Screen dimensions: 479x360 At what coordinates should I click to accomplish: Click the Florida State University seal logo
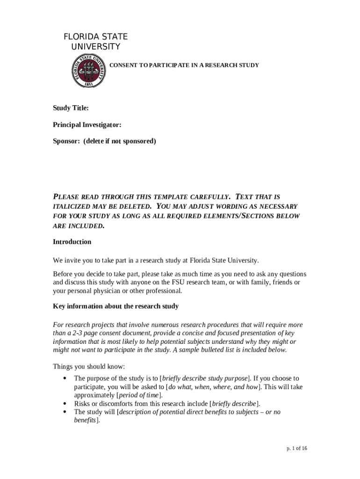click(x=88, y=70)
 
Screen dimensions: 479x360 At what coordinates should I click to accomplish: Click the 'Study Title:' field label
click(x=71, y=109)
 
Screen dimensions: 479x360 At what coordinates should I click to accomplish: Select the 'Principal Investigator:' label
click(x=87, y=125)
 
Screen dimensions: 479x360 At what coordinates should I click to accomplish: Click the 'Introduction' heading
click(x=72, y=242)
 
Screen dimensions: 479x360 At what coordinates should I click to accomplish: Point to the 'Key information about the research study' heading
click(x=115, y=306)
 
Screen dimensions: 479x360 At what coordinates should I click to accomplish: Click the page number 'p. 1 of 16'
click(x=297, y=449)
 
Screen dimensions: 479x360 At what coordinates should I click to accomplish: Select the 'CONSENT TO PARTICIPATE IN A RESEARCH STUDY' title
click(x=184, y=65)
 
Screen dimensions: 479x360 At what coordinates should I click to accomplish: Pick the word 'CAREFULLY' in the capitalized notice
click(x=205, y=197)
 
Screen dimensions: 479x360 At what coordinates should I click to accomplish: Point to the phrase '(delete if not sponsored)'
click(x=120, y=141)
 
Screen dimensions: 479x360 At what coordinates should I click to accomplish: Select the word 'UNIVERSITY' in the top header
click(x=95, y=47)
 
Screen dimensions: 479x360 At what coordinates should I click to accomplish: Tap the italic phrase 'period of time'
click(x=141, y=395)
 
